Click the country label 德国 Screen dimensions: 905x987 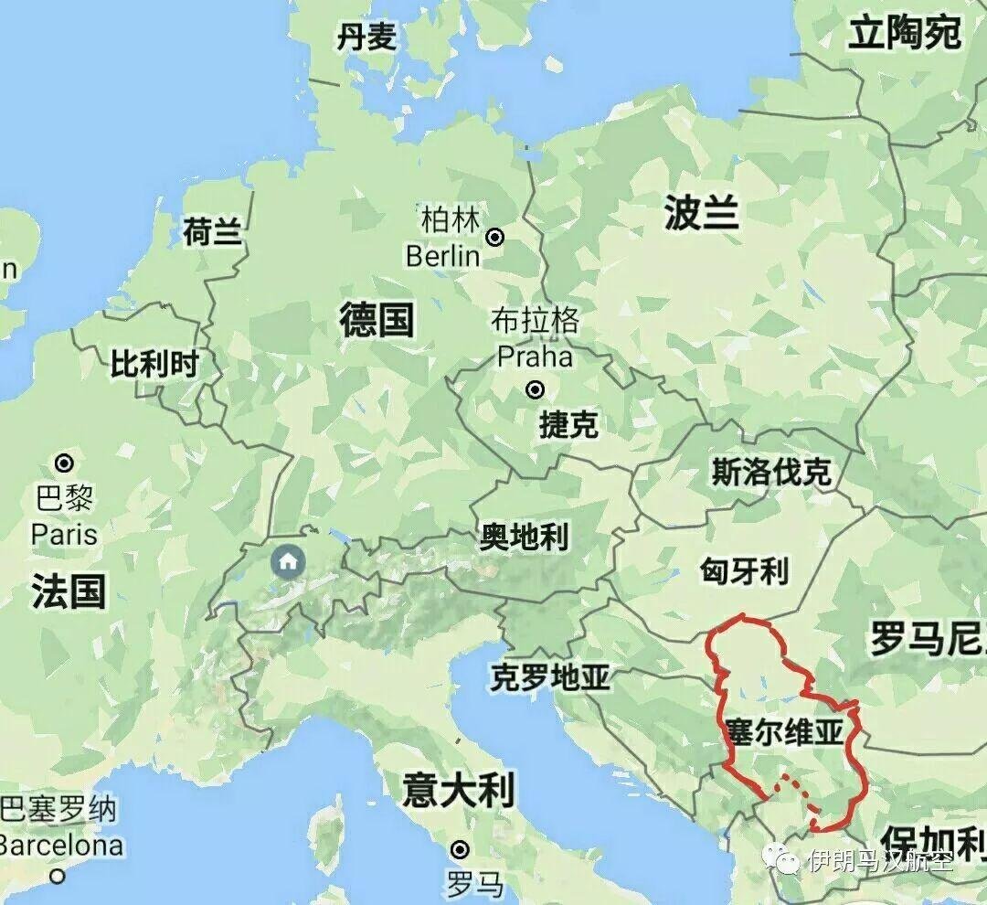tap(377, 321)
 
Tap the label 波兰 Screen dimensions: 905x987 tap(701, 214)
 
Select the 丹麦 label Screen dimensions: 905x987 tap(366, 37)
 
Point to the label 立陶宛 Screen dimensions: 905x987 tap(905, 34)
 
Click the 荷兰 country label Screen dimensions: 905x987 tap(212, 232)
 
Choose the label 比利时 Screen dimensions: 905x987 tap(154, 364)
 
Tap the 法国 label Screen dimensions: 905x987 tap(69, 591)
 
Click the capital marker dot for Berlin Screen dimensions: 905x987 tap(495, 238)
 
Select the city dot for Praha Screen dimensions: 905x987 tap(536, 390)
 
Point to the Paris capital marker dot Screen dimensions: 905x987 tap(65, 463)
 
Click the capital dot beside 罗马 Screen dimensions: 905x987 tap(460, 848)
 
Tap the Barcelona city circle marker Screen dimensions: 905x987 tap(58, 877)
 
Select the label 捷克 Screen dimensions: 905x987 tap(568, 424)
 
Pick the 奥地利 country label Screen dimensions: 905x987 tap(524, 537)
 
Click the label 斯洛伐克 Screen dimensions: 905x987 tap(771, 472)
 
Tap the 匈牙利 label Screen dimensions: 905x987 tap(744, 572)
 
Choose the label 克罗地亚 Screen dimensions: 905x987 tap(549, 677)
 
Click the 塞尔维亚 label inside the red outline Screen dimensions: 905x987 tap(783, 732)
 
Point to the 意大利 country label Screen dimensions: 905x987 tap(459, 789)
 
